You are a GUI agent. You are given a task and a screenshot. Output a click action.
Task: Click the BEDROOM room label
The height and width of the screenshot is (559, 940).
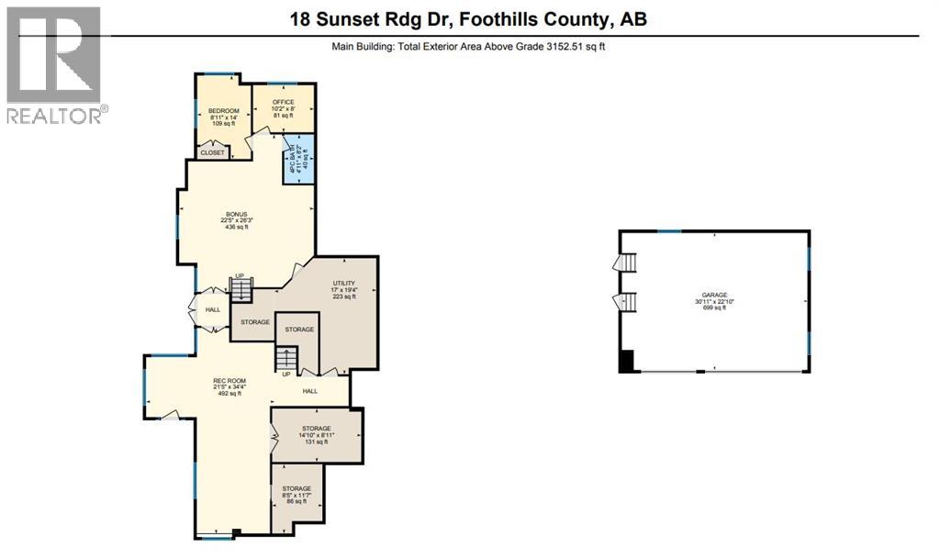(223, 110)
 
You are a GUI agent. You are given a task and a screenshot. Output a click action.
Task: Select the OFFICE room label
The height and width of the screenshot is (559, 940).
(282, 103)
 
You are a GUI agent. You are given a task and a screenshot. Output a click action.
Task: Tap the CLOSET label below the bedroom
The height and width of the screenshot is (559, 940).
(212, 152)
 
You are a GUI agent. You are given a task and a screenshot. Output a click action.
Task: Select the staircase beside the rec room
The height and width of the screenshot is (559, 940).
(288, 357)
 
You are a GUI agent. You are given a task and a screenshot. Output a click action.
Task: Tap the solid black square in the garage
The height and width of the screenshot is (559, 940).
(628, 362)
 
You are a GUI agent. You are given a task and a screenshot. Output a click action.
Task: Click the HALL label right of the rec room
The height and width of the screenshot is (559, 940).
(310, 390)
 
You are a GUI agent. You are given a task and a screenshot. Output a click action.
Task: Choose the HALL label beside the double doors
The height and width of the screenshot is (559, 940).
(213, 309)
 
